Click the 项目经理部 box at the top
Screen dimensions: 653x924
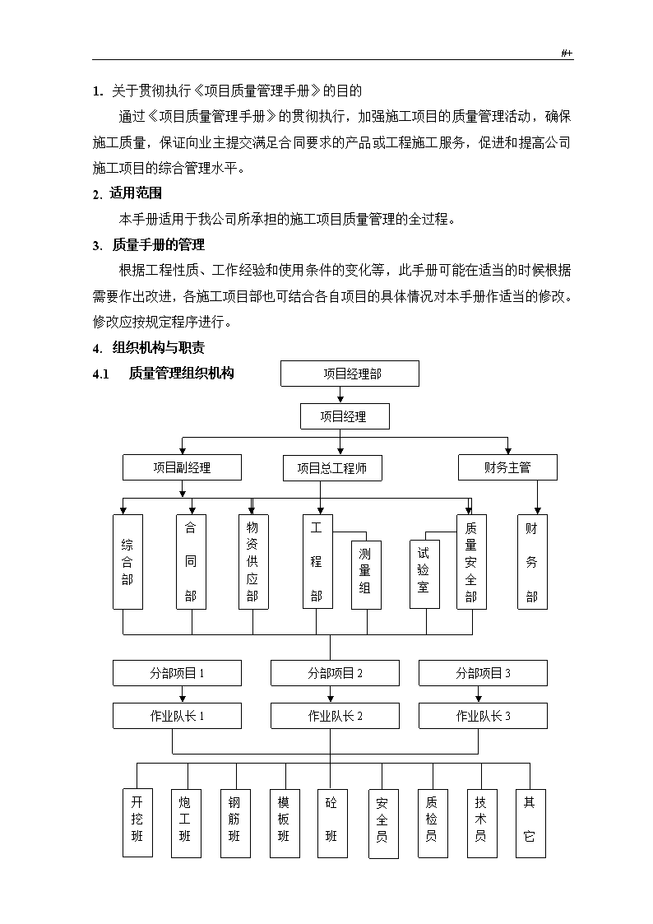(x=350, y=374)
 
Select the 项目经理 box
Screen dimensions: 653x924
(x=345, y=416)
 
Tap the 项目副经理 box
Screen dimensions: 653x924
(x=182, y=467)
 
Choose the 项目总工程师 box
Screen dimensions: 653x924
(x=332, y=468)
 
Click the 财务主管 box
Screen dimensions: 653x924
(x=507, y=467)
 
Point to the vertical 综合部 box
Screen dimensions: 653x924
(x=127, y=562)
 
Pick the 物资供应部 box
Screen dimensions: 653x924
(x=253, y=562)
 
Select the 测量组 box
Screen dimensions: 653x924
(x=366, y=575)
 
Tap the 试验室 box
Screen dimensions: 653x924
(x=424, y=574)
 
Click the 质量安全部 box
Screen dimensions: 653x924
(x=471, y=562)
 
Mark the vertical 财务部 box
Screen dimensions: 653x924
(x=532, y=562)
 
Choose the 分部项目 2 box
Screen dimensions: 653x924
(x=335, y=673)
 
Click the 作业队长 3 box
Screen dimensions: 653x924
(x=483, y=716)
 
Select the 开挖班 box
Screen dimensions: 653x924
(x=138, y=823)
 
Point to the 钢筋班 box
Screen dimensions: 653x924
(x=235, y=823)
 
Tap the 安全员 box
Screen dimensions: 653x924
(x=383, y=824)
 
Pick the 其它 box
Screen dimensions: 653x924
(x=530, y=824)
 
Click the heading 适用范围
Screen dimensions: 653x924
(x=136, y=193)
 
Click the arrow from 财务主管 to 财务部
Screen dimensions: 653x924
(x=537, y=497)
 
